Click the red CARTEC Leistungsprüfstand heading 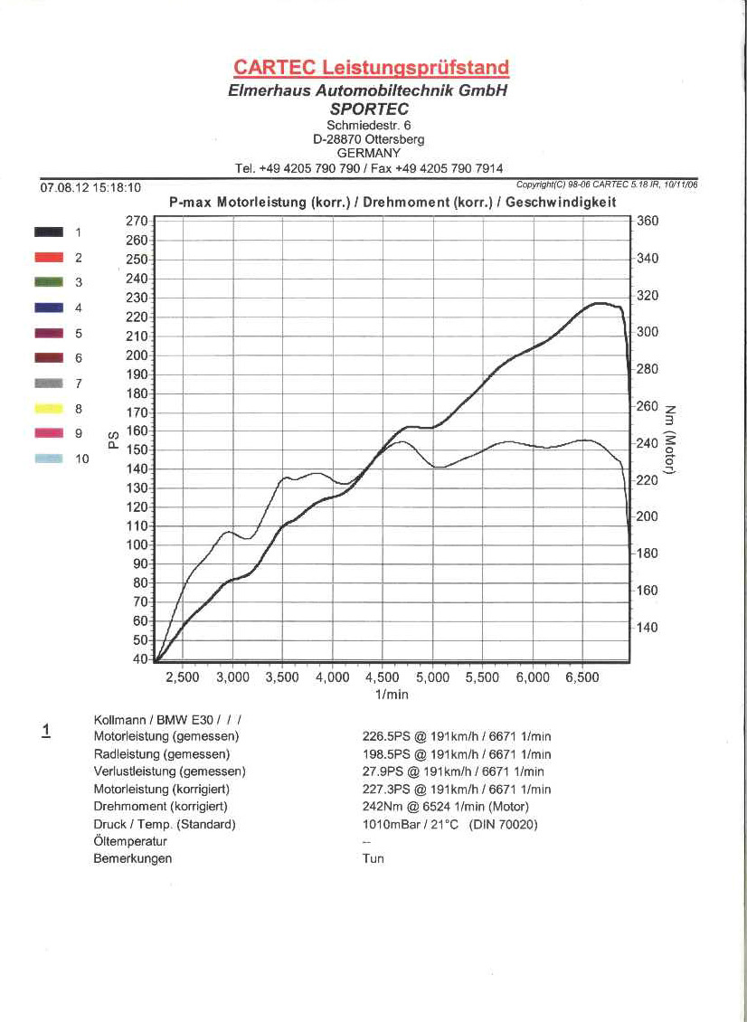click(x=371, y=68)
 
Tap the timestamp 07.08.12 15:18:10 click(x=90, y=188)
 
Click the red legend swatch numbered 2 click(x=48, y=257)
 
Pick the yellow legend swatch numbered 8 click(x=48, y=409)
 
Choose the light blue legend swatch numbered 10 click(x=48, y=459)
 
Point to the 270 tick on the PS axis click(x=136, y=221)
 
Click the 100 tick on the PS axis click(x=136, y=544)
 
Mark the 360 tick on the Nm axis click(x=648, y=222)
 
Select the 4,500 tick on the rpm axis click(x=382, y=677)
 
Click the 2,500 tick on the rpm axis click(x=183, y=677)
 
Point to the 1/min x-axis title click(x=392, y=694)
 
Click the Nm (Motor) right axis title click(x=671, y=440)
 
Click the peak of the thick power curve click(x=598, y=303)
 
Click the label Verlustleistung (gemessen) click(x=169, y=771)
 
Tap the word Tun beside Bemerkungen click(x=373, y=858)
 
